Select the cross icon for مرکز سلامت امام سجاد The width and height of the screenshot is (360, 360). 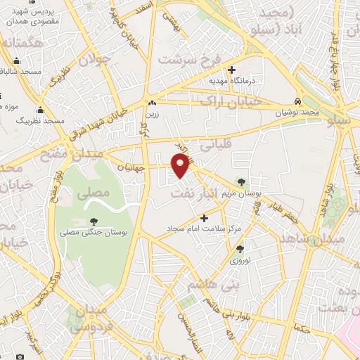[x=205, y=218]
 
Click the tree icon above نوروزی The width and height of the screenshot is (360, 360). [x=240, y=249]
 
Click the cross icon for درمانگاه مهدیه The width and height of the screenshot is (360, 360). [x=232, y=69]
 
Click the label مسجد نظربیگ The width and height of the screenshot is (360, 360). [x=42, y=121]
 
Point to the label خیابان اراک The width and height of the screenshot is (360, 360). [x=236, y=101]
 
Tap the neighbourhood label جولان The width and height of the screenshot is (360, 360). [x=96, y=59]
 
